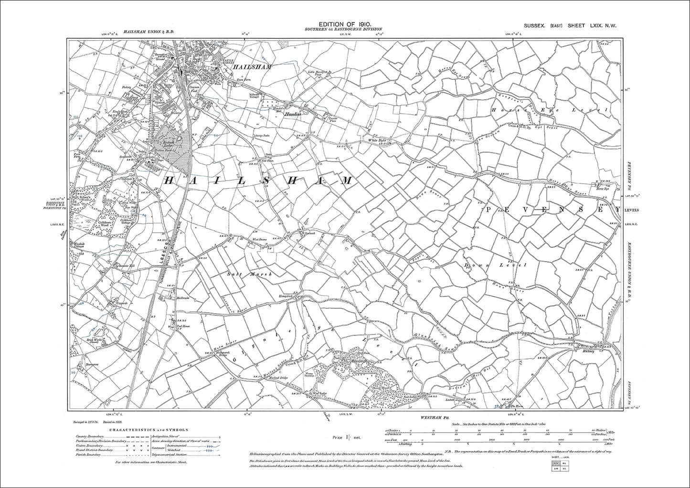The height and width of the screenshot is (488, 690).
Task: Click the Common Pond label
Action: (193, 90)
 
